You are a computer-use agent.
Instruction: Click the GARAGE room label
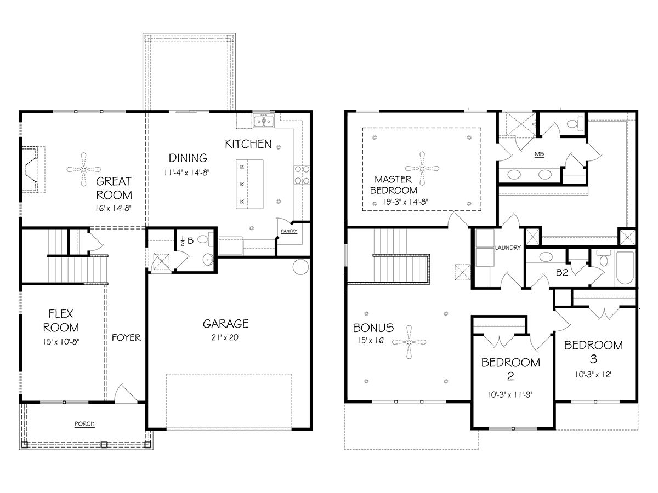coord(225,323)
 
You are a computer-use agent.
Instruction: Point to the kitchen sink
coord(264,121)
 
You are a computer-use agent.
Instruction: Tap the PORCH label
coord(85,423)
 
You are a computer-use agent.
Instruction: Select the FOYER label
coord(127,337)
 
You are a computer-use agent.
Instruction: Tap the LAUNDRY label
coord(507,248)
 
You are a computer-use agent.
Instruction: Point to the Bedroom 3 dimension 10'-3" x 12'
coord(593,375)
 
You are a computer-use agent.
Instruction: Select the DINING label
coord(188,158)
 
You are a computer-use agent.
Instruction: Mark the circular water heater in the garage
coord(301,267)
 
